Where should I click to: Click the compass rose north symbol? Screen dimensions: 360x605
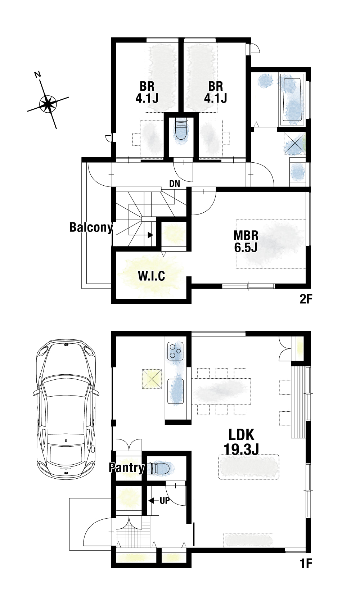tap(48, 104)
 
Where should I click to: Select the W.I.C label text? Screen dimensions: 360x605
tap(152, 276)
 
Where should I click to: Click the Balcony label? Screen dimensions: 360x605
tap(91, 227)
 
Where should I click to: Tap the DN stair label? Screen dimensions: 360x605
tap(175, 184)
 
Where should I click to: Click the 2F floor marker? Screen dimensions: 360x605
tap(306, 299)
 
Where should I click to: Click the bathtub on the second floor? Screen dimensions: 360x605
tap(292, 99)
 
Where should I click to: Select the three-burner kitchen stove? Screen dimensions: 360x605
tap(175, 351)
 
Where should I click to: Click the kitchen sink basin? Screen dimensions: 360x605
tap(175, 391)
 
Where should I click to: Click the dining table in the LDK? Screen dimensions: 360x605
tap(221, 391)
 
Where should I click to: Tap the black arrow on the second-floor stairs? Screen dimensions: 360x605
tap(150, 235)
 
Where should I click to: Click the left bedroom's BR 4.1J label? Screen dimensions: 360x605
tap(147, 92)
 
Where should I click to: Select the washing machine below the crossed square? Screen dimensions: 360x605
tap(298, 172)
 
